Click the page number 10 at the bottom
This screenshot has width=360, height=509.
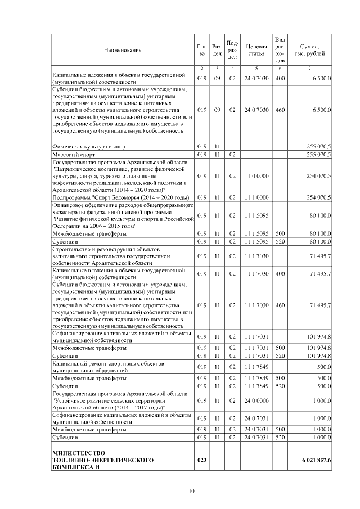click(x=191, y=492)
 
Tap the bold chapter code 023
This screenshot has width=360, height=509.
click(x=202, y=460)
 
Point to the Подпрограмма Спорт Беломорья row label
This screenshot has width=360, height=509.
click(x=121, y=197)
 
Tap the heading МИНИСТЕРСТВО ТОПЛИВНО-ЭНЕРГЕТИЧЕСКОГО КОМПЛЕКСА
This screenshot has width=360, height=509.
click(x=102, y=460)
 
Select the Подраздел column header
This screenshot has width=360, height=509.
click(x=232, y=50)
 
